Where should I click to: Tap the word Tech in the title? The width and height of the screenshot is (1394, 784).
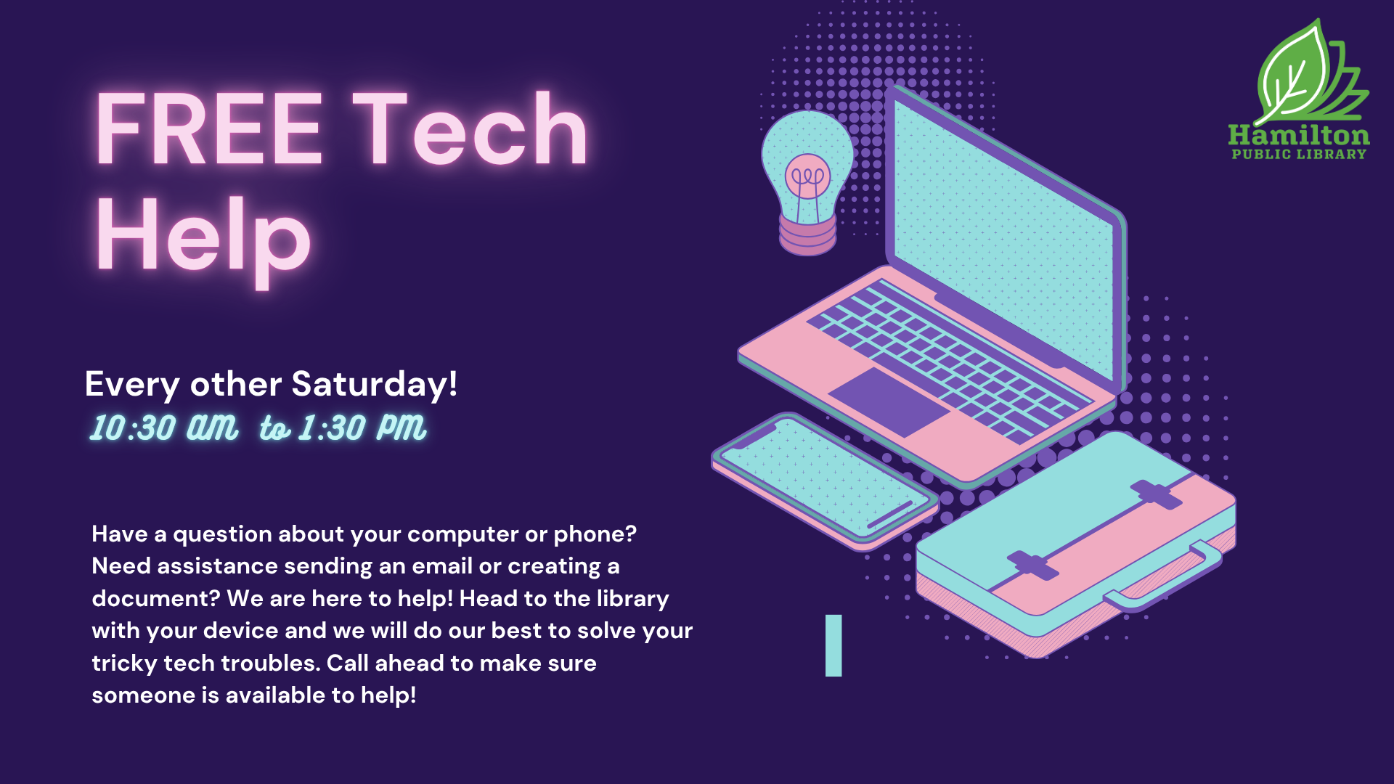pyautogui.click(x=470, y=128)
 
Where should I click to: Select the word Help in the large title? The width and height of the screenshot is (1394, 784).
pyautogui.click(x=204, y=239)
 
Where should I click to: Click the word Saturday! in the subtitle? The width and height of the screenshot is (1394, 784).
pyautogui.click(x=375, y=383)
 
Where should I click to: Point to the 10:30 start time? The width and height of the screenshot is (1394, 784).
pyautogui.click(x=133, y=428)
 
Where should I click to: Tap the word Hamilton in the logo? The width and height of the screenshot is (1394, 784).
pyautogui.click(x=1299, y=136)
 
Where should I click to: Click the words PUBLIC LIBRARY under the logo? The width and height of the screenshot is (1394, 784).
pyautogui.click(x=1299, y=154)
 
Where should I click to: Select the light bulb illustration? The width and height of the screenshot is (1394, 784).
pyautogui.click(x=807, y=182)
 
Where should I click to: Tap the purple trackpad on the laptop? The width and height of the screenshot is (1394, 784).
pyautogui.click(x=889, y=401)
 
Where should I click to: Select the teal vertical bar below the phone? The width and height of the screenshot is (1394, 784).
pyautogui.click(x=833, y=645)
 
